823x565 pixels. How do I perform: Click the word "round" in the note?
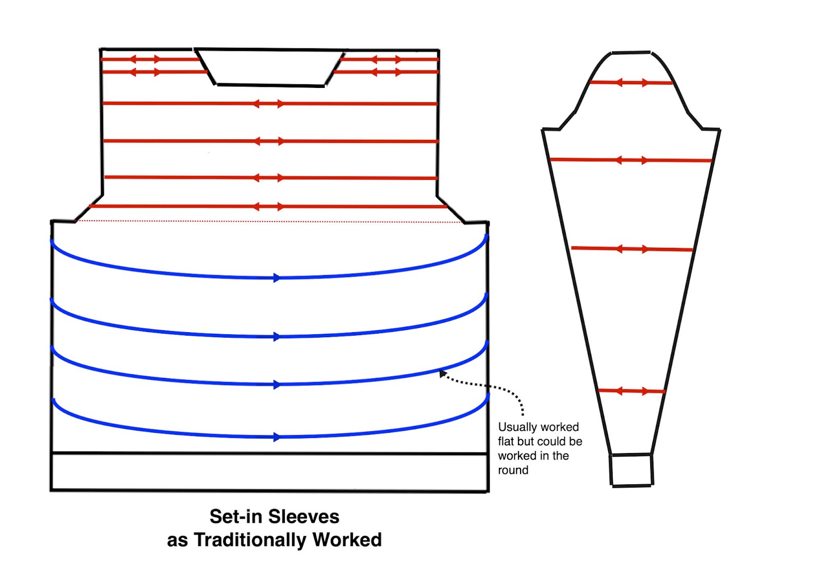[x=513, y=470]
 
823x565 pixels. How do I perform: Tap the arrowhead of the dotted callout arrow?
[x=442, y=374]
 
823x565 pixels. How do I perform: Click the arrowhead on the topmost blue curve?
[x=277, y=278]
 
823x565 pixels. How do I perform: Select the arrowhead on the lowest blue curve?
[x=277, y=437]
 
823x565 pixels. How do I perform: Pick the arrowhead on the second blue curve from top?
[x=277, y=337]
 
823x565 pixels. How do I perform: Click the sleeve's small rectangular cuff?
[x=631, y=469]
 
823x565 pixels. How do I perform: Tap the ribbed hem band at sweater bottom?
[x=270, y=471]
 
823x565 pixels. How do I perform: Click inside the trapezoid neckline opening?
[x=270, y=67]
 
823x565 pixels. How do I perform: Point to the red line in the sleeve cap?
[x=631, y=82]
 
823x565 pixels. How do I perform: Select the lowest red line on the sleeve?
[x=632, y=391]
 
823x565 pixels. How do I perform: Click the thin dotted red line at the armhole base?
[x=267, y=222]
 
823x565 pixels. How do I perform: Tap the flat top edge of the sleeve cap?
[x=631, y=52]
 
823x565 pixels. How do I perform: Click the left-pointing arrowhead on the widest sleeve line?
[x=619, y=160]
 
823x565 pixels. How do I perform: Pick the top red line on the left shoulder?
[x=149, y=59]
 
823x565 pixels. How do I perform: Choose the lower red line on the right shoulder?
[x=386, y=72]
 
